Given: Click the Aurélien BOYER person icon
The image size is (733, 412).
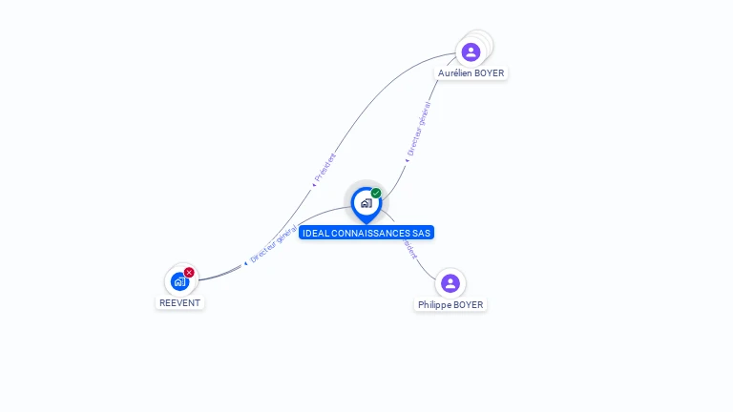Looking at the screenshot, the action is [x=470, y=51].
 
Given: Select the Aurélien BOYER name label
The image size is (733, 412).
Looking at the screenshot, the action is [x=471, y=72].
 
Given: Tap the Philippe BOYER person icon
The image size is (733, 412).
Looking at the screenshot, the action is [x=450, y=283].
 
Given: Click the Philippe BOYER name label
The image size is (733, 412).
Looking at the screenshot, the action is [x=450, y=305].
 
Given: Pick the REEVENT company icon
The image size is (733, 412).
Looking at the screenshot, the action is [x=179, y=281].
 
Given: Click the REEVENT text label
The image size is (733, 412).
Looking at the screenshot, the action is [x=180, y=302].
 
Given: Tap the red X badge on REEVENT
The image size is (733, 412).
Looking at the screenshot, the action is [x=189, y=273].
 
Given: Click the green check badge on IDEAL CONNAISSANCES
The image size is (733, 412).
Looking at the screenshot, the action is [x=376, y=194].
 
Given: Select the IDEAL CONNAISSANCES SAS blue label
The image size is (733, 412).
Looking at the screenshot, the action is [x=366, y=233].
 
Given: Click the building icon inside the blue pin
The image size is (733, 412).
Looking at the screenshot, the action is [x=366, y=202].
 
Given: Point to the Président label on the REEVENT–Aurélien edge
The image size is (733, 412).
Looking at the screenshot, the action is [x=325, y=167].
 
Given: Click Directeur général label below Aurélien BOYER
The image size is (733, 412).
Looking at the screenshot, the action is [x=418, y=129].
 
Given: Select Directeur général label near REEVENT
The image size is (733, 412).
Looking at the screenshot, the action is [x=272, y=244].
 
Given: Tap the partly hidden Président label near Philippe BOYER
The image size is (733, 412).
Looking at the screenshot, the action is [x=409, y=248].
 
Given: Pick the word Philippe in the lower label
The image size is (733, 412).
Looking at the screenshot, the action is [x=434, y=305].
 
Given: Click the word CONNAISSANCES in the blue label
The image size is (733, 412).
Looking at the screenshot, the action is [x=371, y=233].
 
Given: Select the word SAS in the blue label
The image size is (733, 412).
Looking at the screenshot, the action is [x=422, y=233].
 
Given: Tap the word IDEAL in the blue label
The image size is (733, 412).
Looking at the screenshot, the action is [x=316, y=233].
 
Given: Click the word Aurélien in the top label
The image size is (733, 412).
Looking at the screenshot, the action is [x=454, y=72].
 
